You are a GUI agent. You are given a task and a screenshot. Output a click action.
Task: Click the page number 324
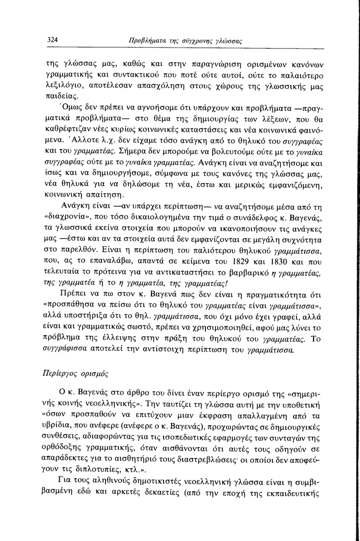tap(52, 40)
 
